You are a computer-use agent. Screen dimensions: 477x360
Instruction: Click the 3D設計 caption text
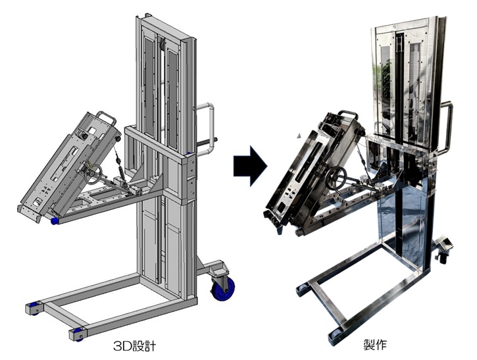(x=134, y=346)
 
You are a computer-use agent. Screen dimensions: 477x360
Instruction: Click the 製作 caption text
(x=375, y=344)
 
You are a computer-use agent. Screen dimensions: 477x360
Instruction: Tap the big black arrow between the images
(x=250, y=166)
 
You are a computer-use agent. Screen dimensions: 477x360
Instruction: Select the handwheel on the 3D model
(x=93, y=174)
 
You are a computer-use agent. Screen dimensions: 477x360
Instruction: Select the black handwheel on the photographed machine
(x=336, y=178)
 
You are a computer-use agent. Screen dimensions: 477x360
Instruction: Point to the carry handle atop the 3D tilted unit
(x=107, y=117)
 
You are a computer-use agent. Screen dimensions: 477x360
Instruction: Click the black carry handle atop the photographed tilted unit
(x=348, y=115)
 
